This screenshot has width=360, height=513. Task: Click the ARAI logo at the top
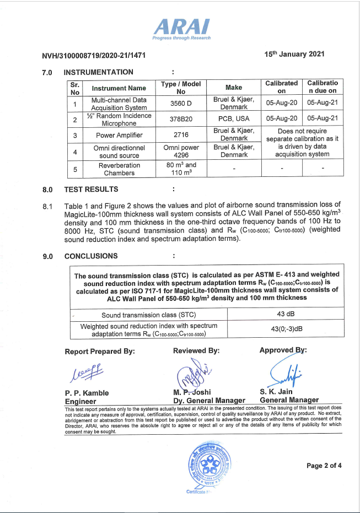(181, 28)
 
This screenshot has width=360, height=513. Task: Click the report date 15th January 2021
(294, 54)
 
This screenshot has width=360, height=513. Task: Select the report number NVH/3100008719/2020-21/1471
(94, 56)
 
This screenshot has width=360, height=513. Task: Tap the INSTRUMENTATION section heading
(99, 72)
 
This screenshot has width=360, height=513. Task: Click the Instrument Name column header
(119, 88)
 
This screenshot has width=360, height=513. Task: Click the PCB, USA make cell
(234, 118)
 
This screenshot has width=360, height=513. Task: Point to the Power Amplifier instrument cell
(119, 135)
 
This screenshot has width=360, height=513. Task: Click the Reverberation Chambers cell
(119, 169)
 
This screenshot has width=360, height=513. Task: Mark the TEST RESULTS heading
(91, 190)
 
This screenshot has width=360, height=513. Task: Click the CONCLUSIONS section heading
(91, 256)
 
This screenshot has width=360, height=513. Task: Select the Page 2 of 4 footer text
(324, 466)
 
